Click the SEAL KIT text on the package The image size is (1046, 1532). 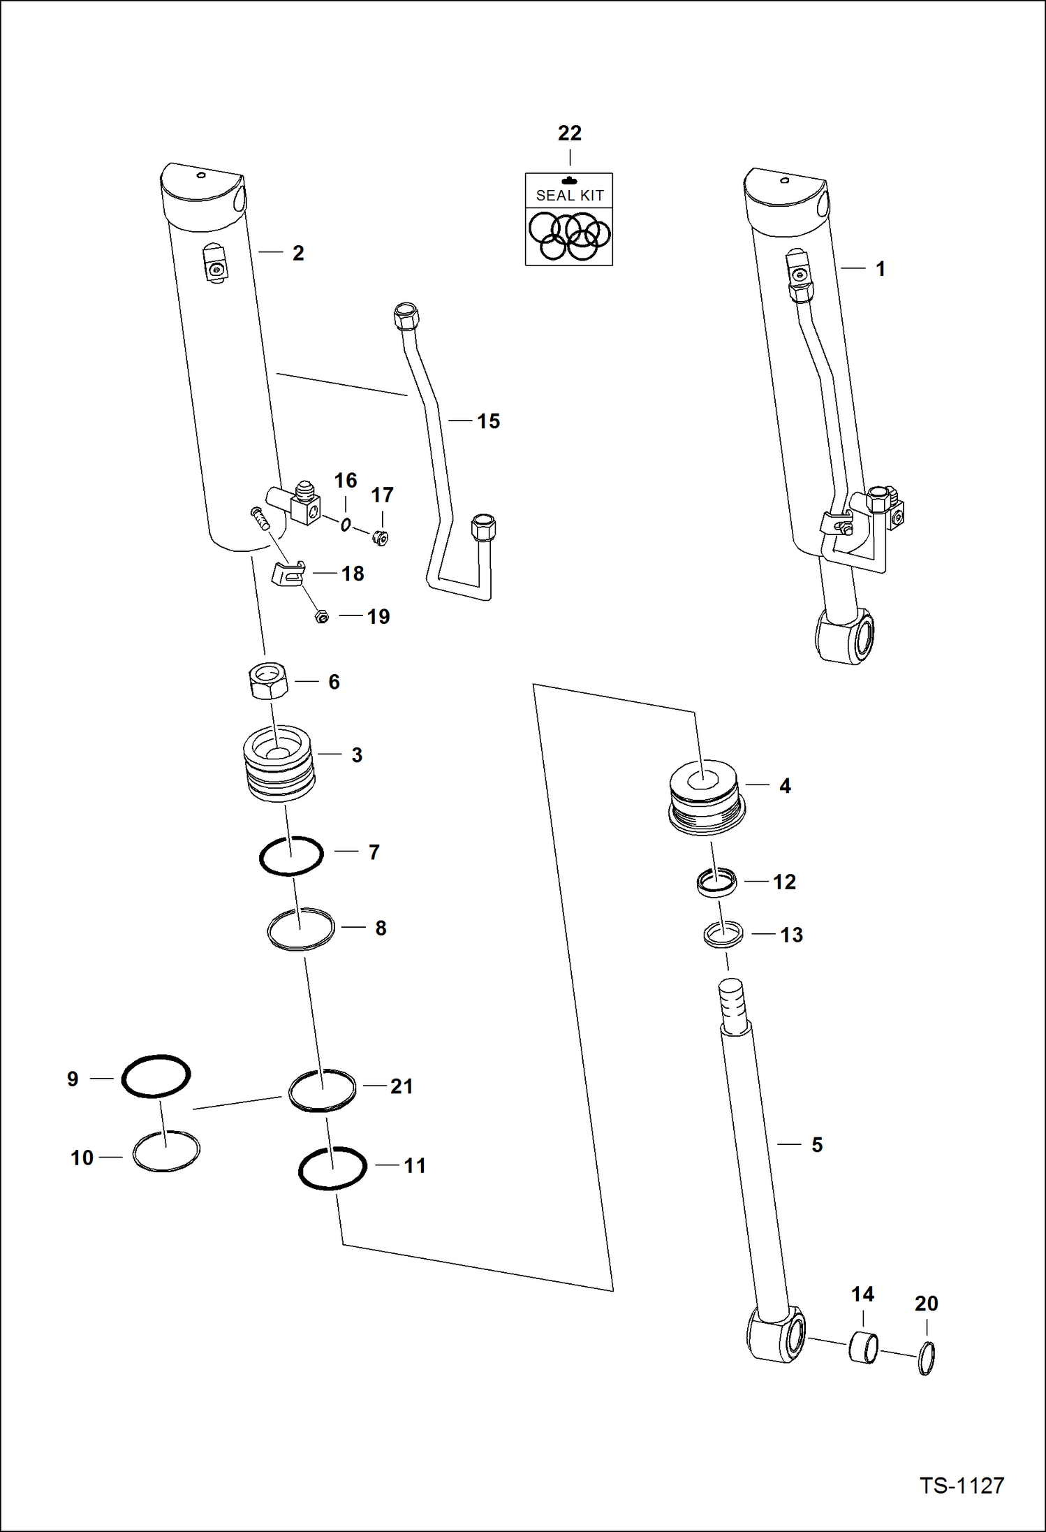tap(569, 196)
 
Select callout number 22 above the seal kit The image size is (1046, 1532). tap(569, 133)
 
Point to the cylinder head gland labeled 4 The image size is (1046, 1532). tap(706, 796)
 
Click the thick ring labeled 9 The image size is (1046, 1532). tap(156, 1076)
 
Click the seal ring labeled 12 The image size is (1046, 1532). tap(716, 882)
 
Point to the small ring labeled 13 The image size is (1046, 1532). tap(723, 934)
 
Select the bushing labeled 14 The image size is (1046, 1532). tap(864, 1348)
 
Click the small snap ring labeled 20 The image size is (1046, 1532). tap(927, 1359)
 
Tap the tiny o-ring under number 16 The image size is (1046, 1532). tap(345, 524)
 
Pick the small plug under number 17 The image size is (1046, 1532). tap(380, 538)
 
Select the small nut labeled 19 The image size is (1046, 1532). tap(322, 617)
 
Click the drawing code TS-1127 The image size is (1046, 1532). tap(962, 1484)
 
